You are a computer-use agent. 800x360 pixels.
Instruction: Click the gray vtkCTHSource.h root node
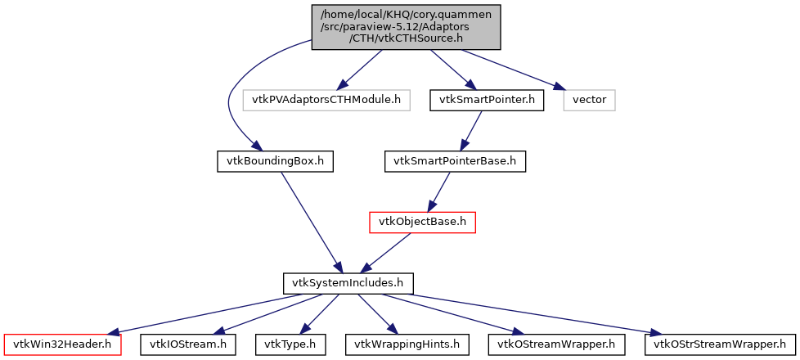click(406, 27)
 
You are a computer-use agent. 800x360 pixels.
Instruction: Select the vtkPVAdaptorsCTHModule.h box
click(326, 100)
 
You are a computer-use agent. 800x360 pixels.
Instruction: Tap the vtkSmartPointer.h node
click(487, 100)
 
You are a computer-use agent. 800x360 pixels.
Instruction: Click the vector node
click(589, 100)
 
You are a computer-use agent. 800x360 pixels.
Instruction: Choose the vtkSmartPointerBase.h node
click(455, 161)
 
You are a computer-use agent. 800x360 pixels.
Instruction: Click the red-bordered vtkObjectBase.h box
click(422, 222)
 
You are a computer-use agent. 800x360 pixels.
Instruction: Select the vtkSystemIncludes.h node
click(348, 283)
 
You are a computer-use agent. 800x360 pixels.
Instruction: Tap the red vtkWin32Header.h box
click(63, 344)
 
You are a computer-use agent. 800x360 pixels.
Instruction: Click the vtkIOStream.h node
click(188, 344)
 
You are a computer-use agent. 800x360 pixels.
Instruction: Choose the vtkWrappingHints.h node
click(407, 344)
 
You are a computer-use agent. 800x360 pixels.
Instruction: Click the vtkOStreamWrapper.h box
click(556, 344)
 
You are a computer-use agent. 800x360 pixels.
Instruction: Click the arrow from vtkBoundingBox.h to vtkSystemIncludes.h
click(310, 221)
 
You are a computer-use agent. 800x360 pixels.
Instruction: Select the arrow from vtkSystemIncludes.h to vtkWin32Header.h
click(204, 313)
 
